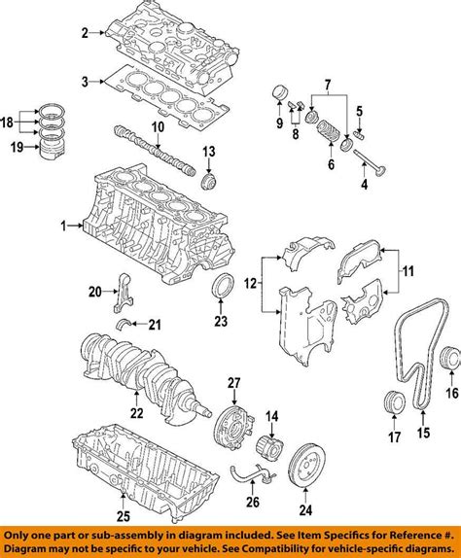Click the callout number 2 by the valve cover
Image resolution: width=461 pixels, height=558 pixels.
85,34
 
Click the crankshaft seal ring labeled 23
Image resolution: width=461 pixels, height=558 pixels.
221,290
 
